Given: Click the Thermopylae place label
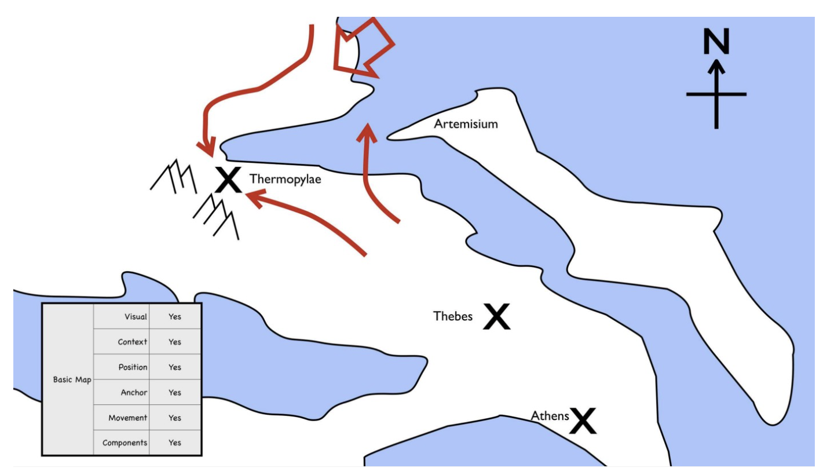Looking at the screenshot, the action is click(285, 180).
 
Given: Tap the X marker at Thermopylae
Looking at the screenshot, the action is click(228, 180).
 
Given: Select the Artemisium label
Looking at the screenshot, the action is click(466, 124).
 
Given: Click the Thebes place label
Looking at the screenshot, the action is click(453, 316).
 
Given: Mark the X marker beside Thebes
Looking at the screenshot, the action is click(497, 316).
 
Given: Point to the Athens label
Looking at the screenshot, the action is click(550, 416).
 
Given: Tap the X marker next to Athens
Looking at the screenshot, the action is click(583, 421).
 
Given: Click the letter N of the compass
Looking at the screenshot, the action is click(716, 41).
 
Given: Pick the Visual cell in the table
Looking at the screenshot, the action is click(122, 316).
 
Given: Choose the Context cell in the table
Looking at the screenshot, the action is click(122, 342).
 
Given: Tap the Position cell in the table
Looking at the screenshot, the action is click(122, 367).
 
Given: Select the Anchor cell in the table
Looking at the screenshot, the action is click(122, 392).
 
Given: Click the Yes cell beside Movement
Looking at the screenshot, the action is click(175, 418).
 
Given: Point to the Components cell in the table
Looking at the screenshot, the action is click(122, 443).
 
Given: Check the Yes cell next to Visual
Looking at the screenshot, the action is click(175, 316).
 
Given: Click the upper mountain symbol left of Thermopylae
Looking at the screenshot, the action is click(174, 177).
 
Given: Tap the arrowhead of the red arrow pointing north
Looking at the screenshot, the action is click(367, 133).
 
